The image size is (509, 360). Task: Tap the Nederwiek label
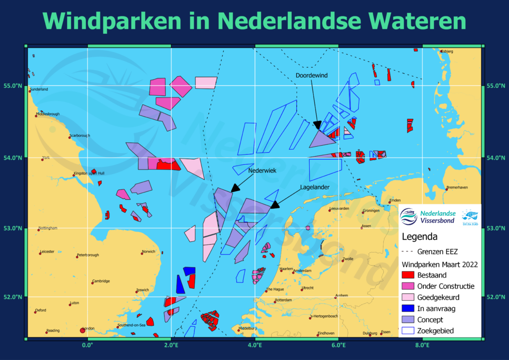[x=262, y=170]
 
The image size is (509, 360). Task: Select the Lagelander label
[x=315, y=187]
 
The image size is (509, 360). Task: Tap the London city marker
[x=83, y=330]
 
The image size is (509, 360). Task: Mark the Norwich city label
[x=148, y=252]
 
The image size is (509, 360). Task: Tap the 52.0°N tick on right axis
[x=496, y=297]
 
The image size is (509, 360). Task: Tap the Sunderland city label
[x=39, y=90]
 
